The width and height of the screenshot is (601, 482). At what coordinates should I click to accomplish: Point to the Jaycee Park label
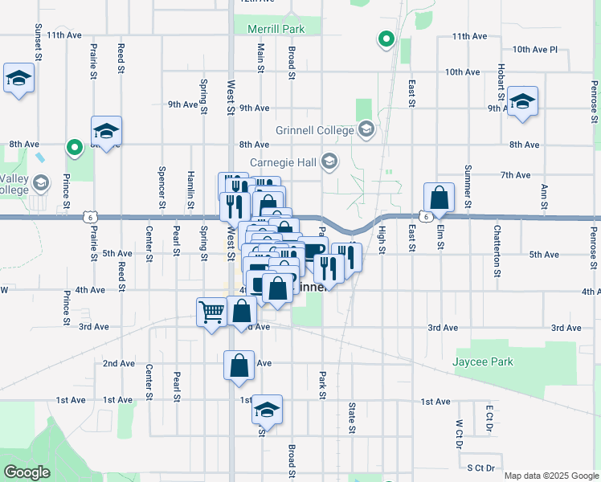click(484, 362)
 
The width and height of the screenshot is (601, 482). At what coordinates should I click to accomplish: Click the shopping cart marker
click(211, 312)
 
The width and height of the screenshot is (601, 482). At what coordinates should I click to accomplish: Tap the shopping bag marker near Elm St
click(440, 198)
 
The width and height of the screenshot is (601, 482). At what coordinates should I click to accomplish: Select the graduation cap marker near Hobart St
click(522, 101)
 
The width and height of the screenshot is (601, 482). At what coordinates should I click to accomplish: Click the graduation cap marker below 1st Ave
click(267, 410)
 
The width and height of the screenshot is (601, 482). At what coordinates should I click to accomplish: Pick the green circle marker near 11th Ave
click(386, 38)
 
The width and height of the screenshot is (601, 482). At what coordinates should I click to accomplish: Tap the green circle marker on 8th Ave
click(75, 147)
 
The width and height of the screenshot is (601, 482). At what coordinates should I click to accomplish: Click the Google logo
click(27, 472)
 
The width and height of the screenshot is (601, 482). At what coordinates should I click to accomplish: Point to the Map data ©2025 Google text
click(550, 476)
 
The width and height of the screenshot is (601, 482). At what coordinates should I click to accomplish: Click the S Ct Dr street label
click(484, 467)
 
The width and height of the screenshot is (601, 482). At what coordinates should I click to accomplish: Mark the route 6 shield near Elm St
click(423, 216)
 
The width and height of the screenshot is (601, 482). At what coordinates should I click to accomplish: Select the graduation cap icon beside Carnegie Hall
click(329, 162)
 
